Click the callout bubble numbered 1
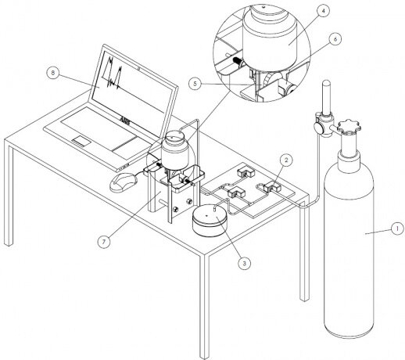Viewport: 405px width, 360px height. (397, 229)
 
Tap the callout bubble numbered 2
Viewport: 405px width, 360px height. (286, 160)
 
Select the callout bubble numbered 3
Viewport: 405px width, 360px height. (244, 263)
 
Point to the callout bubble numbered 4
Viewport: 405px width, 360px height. (322, 12)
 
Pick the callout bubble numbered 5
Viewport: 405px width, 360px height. (195, 84)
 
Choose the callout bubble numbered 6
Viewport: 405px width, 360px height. (335, 39)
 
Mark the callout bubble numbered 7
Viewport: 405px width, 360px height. (104, 242)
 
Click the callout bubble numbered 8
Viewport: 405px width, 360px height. (53, 73)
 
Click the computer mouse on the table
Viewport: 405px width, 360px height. (124, 182)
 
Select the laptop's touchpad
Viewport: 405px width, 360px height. (81, 141)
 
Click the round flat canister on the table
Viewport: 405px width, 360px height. (210, 221)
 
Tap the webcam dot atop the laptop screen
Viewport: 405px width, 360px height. (140, 69)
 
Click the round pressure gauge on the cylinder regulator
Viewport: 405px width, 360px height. (318, 128)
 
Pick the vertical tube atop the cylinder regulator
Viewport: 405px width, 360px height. (327, 98)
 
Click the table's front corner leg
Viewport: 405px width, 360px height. (205, 307)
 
